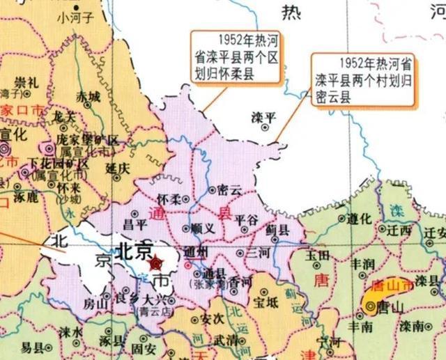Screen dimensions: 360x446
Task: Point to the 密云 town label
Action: coord(230,189)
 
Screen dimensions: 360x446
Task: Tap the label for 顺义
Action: coord(202,228)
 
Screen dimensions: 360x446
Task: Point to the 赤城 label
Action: coord(89,97)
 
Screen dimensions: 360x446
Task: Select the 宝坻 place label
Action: coord(266,302)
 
